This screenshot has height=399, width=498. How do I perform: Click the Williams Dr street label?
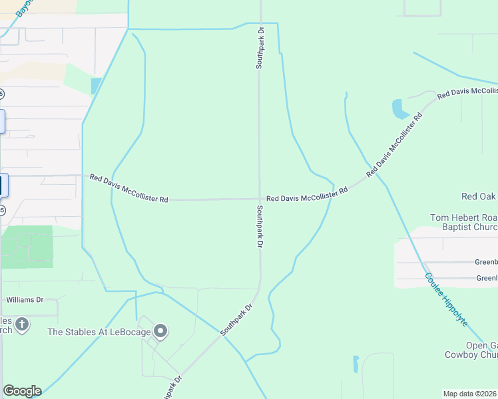[x=25, y=300]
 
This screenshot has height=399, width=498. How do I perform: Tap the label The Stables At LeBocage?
[x=98, y=331]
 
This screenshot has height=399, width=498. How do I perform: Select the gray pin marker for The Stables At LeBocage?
[x=160, y=330]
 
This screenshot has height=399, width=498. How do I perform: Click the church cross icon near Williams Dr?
[x=22, y=325]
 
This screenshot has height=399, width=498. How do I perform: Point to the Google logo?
[x=22, y=391]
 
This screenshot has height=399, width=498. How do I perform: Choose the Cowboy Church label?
[x=471, y=354]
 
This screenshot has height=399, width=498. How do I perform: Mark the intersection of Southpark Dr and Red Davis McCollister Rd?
[x=260, y=198]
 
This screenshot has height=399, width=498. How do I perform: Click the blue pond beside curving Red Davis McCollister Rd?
[x=400, y=108]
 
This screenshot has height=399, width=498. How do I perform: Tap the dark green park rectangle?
[x=27, y=247]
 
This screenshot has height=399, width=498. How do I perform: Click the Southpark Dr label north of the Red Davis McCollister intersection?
[x=260, y=48]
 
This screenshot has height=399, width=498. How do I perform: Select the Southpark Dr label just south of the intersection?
[x=260, y=226]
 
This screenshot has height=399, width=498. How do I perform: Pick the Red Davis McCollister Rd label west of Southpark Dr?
[x=129, y=189]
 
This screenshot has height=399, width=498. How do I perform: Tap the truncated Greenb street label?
[x=486, y=262]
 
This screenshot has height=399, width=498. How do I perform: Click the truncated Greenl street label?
[x=486, y=278]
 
